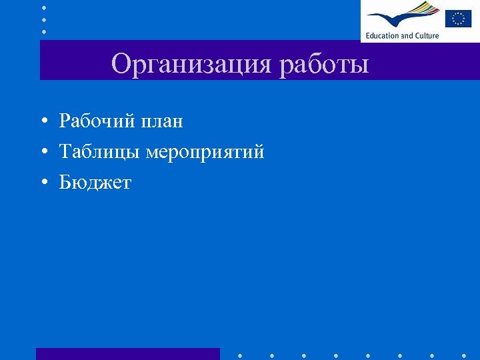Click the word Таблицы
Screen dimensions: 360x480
(100, 153)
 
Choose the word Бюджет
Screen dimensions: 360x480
(95, 183)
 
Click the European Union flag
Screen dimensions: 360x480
(458, 18)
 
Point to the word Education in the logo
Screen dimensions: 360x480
(382, 35)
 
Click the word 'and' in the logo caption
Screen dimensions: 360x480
(407, 35)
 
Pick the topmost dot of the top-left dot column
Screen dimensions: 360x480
(44, 7)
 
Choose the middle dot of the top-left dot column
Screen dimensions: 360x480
(44, 19)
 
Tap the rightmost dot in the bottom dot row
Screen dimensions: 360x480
(465, 355)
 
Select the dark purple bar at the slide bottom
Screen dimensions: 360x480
(127, 354)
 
